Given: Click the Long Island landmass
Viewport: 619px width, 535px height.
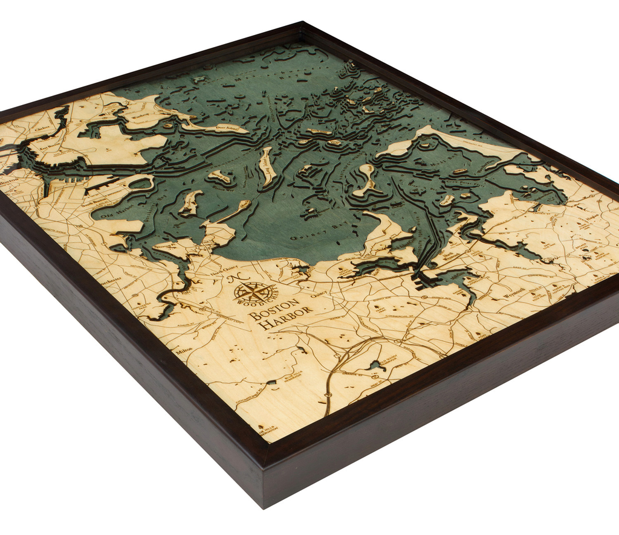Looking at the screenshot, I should pos(267,167).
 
